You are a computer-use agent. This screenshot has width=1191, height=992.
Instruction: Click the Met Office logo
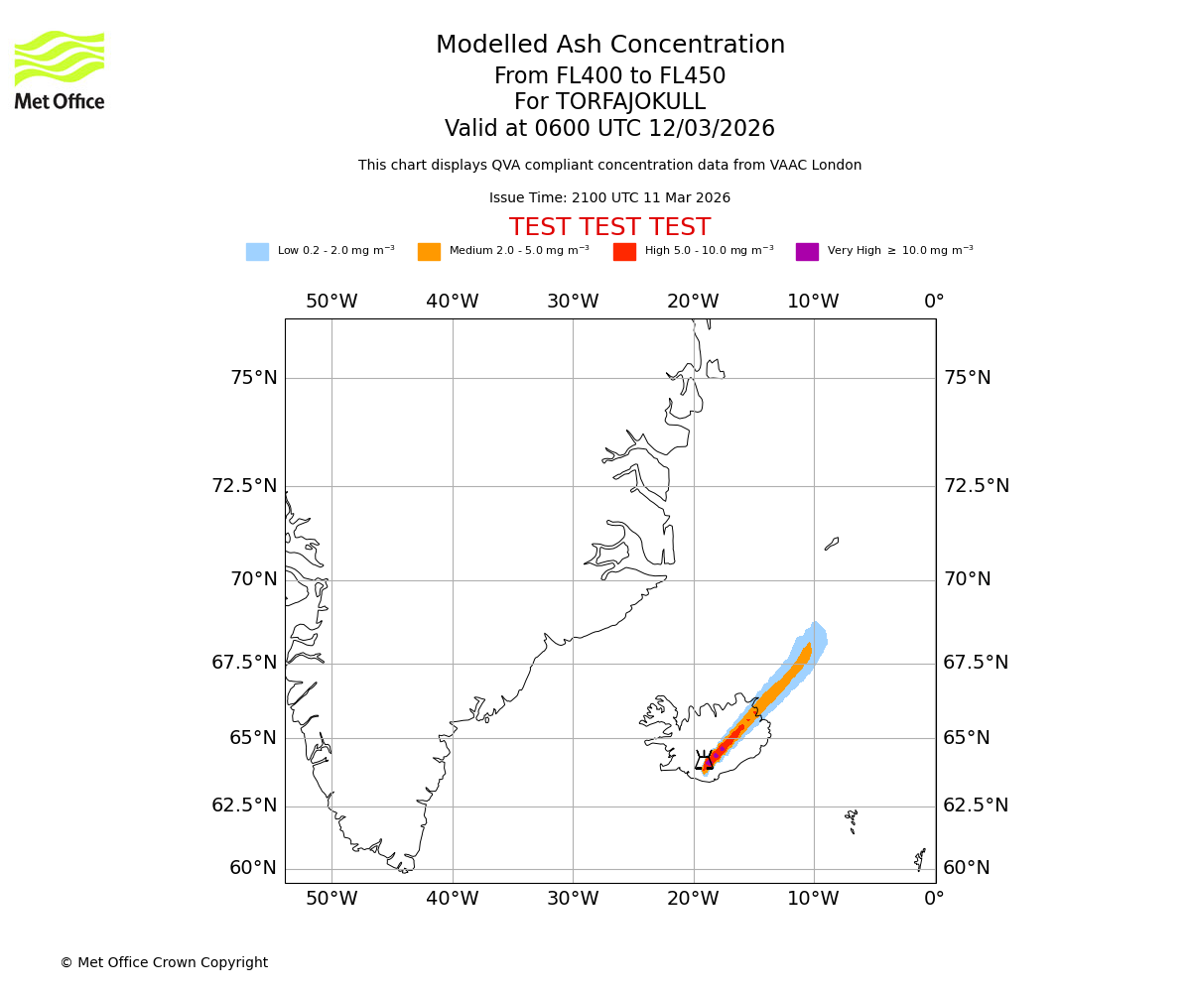point(60,70)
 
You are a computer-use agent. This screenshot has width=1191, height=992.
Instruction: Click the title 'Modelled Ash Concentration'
point(609,46)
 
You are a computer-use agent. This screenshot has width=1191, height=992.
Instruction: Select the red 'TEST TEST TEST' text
point(609,228)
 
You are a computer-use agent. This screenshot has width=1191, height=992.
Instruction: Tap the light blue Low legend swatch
point(257,252)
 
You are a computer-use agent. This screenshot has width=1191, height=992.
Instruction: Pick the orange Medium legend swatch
point(429,252)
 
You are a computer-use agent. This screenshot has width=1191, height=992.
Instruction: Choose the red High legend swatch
point(624,252)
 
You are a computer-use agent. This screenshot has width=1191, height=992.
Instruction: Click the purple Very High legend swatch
point(807,252)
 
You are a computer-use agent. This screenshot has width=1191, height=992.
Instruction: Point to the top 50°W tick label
point(331,302)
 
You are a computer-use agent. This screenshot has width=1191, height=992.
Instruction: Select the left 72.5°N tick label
point(244,486)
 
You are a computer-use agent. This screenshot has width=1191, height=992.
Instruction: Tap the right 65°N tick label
point(967,738)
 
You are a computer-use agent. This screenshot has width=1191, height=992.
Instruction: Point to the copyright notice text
point(164,963)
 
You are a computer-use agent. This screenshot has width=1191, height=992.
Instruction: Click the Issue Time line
point(609,198)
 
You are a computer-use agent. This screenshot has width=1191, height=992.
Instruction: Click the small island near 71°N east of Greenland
point(832,544)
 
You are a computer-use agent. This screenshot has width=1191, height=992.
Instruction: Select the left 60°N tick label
point(253,868)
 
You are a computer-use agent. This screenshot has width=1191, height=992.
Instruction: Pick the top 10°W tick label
point(813,302)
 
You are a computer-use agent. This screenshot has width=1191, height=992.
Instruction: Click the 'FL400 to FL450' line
point(609,76)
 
